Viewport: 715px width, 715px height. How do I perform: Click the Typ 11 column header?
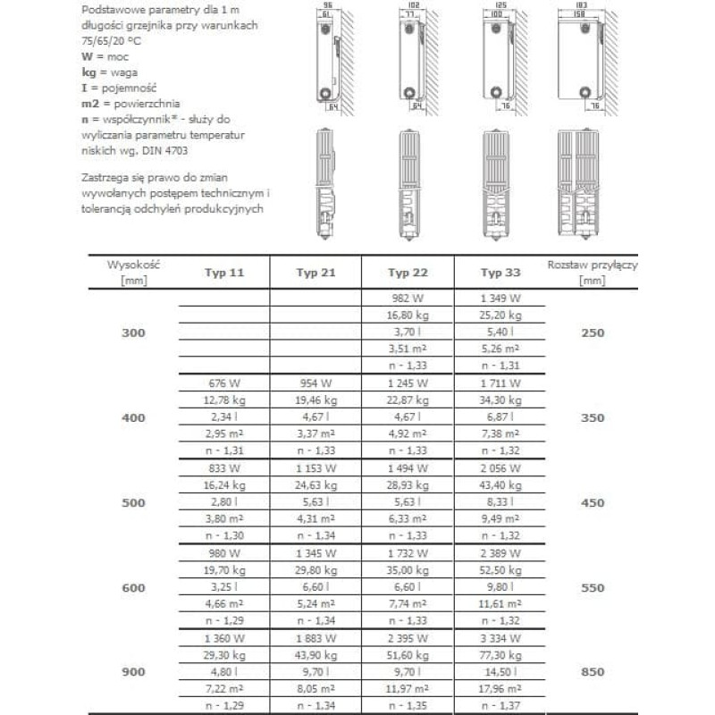pos(224,273)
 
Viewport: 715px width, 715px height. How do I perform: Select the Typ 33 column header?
pos(500,273)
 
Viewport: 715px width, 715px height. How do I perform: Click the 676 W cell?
pos(224,383)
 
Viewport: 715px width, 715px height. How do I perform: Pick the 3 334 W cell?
pos(500,638)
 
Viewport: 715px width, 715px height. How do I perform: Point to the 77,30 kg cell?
pos(500,655)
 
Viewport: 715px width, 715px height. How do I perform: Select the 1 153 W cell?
pos(316,467)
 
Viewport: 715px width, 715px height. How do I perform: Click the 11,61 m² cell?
pos(500,604)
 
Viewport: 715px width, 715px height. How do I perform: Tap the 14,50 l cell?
pos(500,672)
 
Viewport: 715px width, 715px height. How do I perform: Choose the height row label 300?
pos(131,332)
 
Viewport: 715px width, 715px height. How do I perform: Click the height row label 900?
pos(131,672)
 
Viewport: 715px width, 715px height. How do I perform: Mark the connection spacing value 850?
pos(593,672)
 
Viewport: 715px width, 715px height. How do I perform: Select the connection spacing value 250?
pos(593,332)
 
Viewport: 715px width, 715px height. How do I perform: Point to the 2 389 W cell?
pos(500,553)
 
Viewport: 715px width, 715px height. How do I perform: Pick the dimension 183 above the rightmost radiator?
pos(580,5)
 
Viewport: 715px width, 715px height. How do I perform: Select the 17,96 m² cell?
pos(500,689)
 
